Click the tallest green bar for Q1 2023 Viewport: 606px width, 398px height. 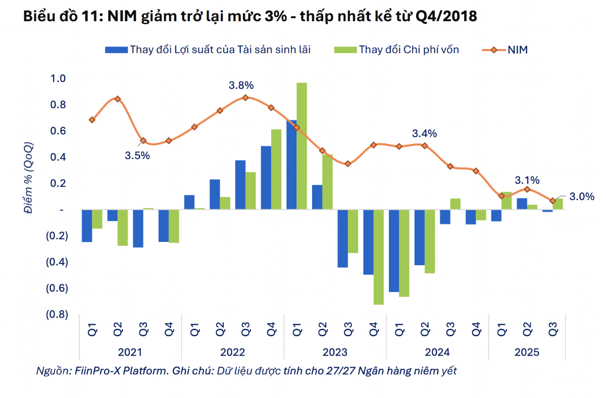click(x=301, y=146)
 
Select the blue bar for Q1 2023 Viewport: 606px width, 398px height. click(x=291, y=165)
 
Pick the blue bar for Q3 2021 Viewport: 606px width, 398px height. click(x=138, y=228)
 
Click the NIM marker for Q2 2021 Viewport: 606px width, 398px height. click(x=118, y=99)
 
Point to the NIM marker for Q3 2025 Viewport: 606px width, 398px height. click(x=552, y=201)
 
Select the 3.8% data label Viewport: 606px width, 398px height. click(x=241, y=85)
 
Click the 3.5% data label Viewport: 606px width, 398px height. click(x=137, y=155)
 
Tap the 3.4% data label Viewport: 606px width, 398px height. click(x=424, y=134)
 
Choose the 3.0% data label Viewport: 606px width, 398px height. click(x=582, y=197)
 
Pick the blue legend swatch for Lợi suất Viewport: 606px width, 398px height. click(x=116, y=49)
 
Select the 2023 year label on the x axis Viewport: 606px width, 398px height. click(x=335, y=352)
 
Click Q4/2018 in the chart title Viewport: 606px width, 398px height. click(x=447, y=17)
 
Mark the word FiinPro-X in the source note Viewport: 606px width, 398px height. click(x=96, y=371)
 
